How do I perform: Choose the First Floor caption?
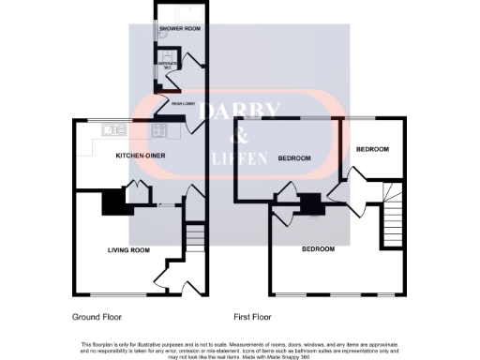pyautogui.click(x=252, y=317)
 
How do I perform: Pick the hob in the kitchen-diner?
pyautogui.click(x=159, y=130)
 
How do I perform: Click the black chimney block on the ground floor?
pyautogui.click(x=112, y=201)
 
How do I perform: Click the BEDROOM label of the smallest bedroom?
pyautogui.click(x=372, y=149)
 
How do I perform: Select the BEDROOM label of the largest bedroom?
pyautogui.click(x=320, y=249)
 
